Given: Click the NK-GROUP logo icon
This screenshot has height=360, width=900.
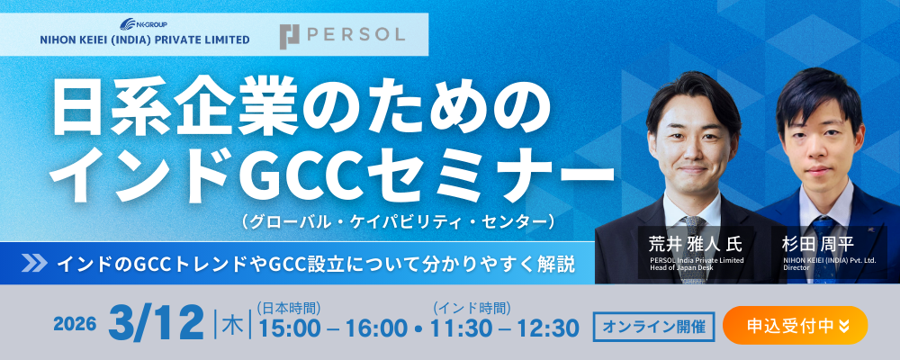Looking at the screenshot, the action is point(128,24).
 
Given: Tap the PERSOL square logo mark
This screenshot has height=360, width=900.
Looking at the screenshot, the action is point(290,36).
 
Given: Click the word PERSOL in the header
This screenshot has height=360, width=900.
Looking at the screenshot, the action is point(355,35).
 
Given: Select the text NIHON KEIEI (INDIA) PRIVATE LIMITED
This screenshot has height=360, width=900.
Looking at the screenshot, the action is point(144,40).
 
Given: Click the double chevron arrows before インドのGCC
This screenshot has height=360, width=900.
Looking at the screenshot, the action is point(34,263).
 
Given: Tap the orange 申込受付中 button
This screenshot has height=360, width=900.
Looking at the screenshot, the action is point(796,325).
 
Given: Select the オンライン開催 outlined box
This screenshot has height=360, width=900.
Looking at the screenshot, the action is point(653,326).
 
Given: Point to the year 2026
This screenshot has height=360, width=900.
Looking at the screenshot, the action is point(75,324).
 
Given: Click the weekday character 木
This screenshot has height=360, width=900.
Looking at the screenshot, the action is point(232,327).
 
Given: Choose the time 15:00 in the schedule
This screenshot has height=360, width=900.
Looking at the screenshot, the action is point(289,328).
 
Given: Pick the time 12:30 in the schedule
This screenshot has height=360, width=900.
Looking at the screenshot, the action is point(548,328).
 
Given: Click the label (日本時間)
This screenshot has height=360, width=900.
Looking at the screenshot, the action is point(289,308).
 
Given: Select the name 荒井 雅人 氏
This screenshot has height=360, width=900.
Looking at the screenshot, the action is point(695,245).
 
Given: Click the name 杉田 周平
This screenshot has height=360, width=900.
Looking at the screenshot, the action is point(817,245).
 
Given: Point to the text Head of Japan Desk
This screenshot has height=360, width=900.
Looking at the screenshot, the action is point(679,267).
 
